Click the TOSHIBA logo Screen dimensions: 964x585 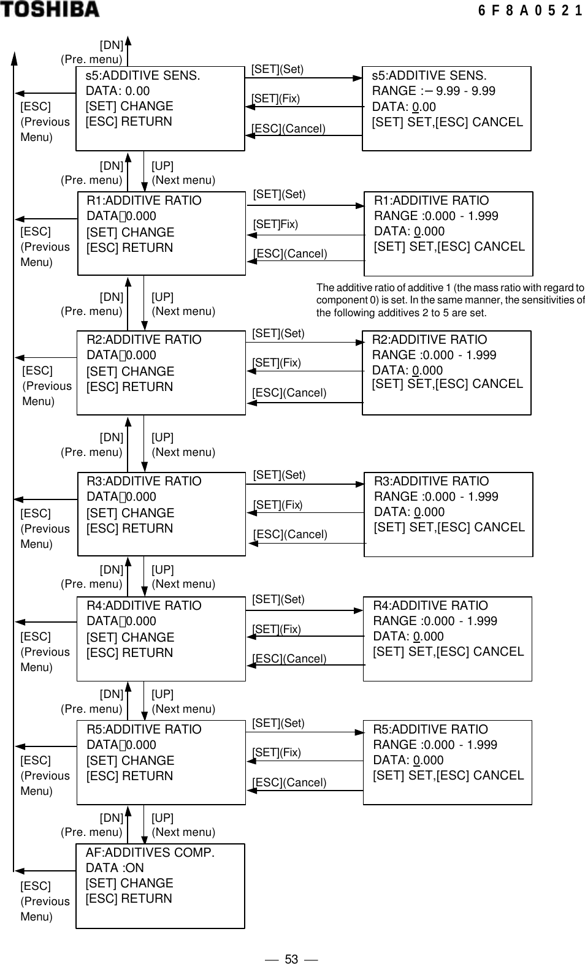(x=50, y=9)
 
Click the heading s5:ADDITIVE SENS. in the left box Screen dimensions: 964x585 (x=142, y=76)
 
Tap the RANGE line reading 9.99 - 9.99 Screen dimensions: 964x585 (x=434, y=91)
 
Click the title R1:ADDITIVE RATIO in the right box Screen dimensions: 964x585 (x=431, y=201)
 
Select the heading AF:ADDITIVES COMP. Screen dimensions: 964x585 (x=150, y=853)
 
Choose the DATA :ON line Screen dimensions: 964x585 (x=115, y=868)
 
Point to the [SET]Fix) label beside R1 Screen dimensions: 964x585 (x=275, y=224)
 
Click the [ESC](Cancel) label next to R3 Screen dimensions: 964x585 (x=290, y=534)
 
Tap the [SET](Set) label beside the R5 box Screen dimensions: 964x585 (x=278, y=723)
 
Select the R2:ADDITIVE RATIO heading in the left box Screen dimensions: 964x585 (x=143, y=340)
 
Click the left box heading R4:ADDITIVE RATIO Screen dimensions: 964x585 (x=143, y=606)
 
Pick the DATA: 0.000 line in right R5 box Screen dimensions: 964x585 (x=408, y=761)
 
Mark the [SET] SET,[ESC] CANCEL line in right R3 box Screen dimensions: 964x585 (x=449, y=528)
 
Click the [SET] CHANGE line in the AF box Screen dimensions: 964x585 (x=129, y=884)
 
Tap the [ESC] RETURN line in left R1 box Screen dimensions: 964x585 (x=129, y=248)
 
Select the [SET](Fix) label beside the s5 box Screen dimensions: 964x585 (x=275, y=99)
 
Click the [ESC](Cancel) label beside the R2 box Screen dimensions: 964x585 (x=289, y=393)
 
